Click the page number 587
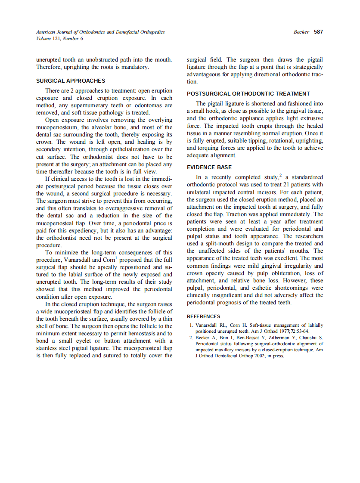[x=318, y=32]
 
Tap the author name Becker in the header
[x=301, y=32]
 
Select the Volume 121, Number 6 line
[x=60, y=38]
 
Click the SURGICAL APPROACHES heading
[x=71, y=80]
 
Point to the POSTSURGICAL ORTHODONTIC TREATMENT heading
[x=248, y=93]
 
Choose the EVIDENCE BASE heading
[x=209, y=167]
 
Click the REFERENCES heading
[x=203, y=316]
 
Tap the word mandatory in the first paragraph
[x=135, y=67]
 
